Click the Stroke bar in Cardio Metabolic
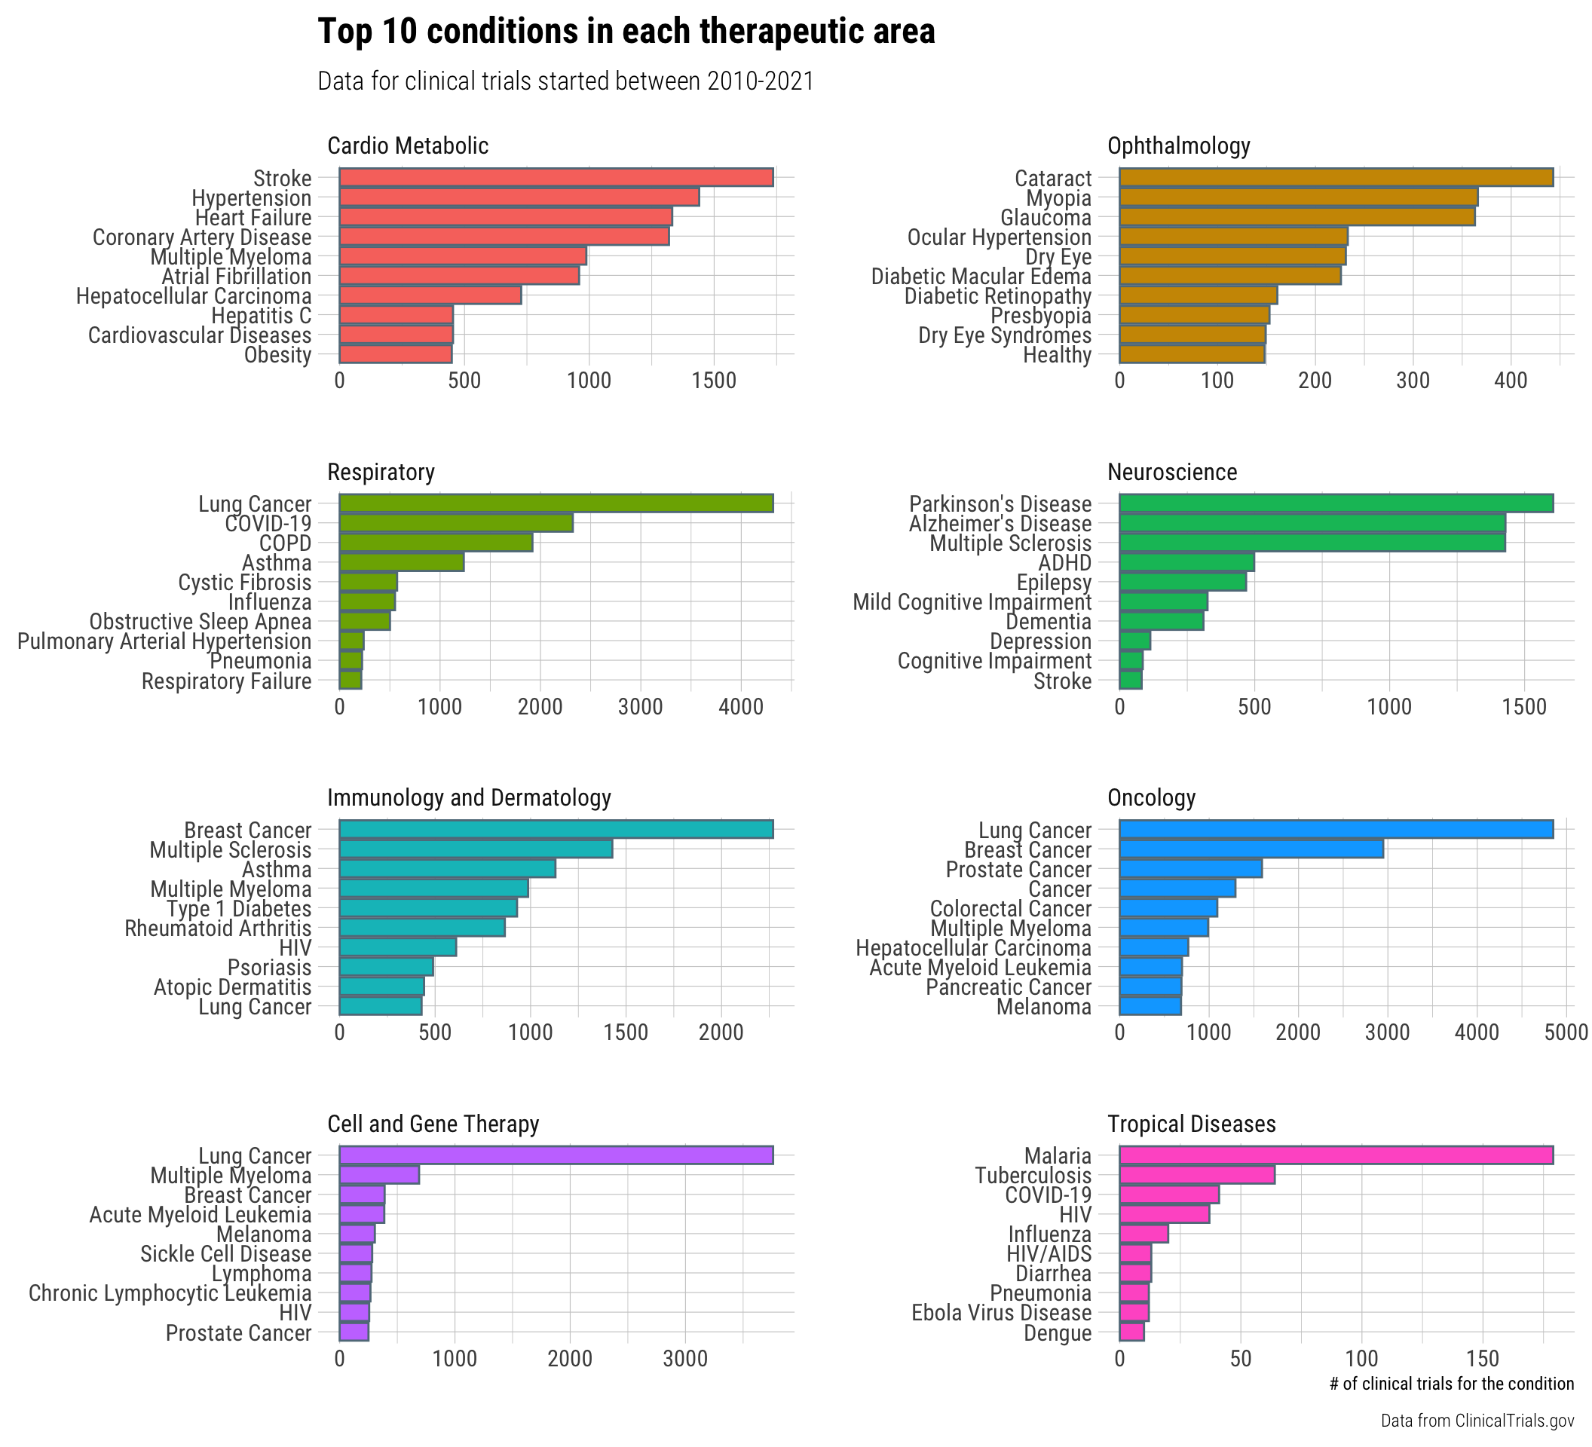[x=556, y=178]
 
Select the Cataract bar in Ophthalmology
[x=1336, y=178]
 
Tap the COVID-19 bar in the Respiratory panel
[x=457, y=522]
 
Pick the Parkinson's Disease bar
[x=1336, y=503]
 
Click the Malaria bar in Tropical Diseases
[x=1336, y=1155]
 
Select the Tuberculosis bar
[x=1196, y=1176]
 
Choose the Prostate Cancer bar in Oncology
[x=1190, y=869]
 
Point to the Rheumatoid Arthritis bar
[x=421, y=928]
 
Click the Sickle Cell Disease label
[x=226, y=1254]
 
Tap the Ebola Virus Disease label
[x=1001, y=1313]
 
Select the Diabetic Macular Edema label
[x=981, y=277]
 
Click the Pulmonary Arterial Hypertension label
[x=164, y=641]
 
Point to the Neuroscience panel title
[x=1172, y=472]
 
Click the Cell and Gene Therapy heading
[x=433, y=1124]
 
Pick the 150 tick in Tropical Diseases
[x=1482, y=1359]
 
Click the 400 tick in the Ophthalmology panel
[x=1511, y=381]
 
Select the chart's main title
[x=626, y=32]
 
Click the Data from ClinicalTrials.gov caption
[x=1477, y=1421]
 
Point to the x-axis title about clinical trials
[x=1452, y=1384]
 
